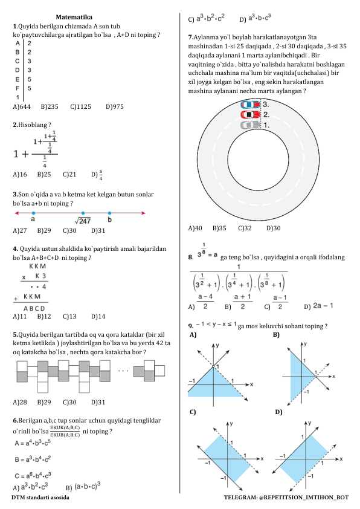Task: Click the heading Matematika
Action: click(74, 17)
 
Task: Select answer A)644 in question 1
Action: click(22, 106)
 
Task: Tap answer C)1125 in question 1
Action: click(80, 106)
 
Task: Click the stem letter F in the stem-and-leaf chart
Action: click(18, 88)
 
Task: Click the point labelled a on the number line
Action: click(33, 213)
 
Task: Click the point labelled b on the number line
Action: click(109, 213)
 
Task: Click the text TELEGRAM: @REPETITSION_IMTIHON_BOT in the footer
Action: click(286, 496)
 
